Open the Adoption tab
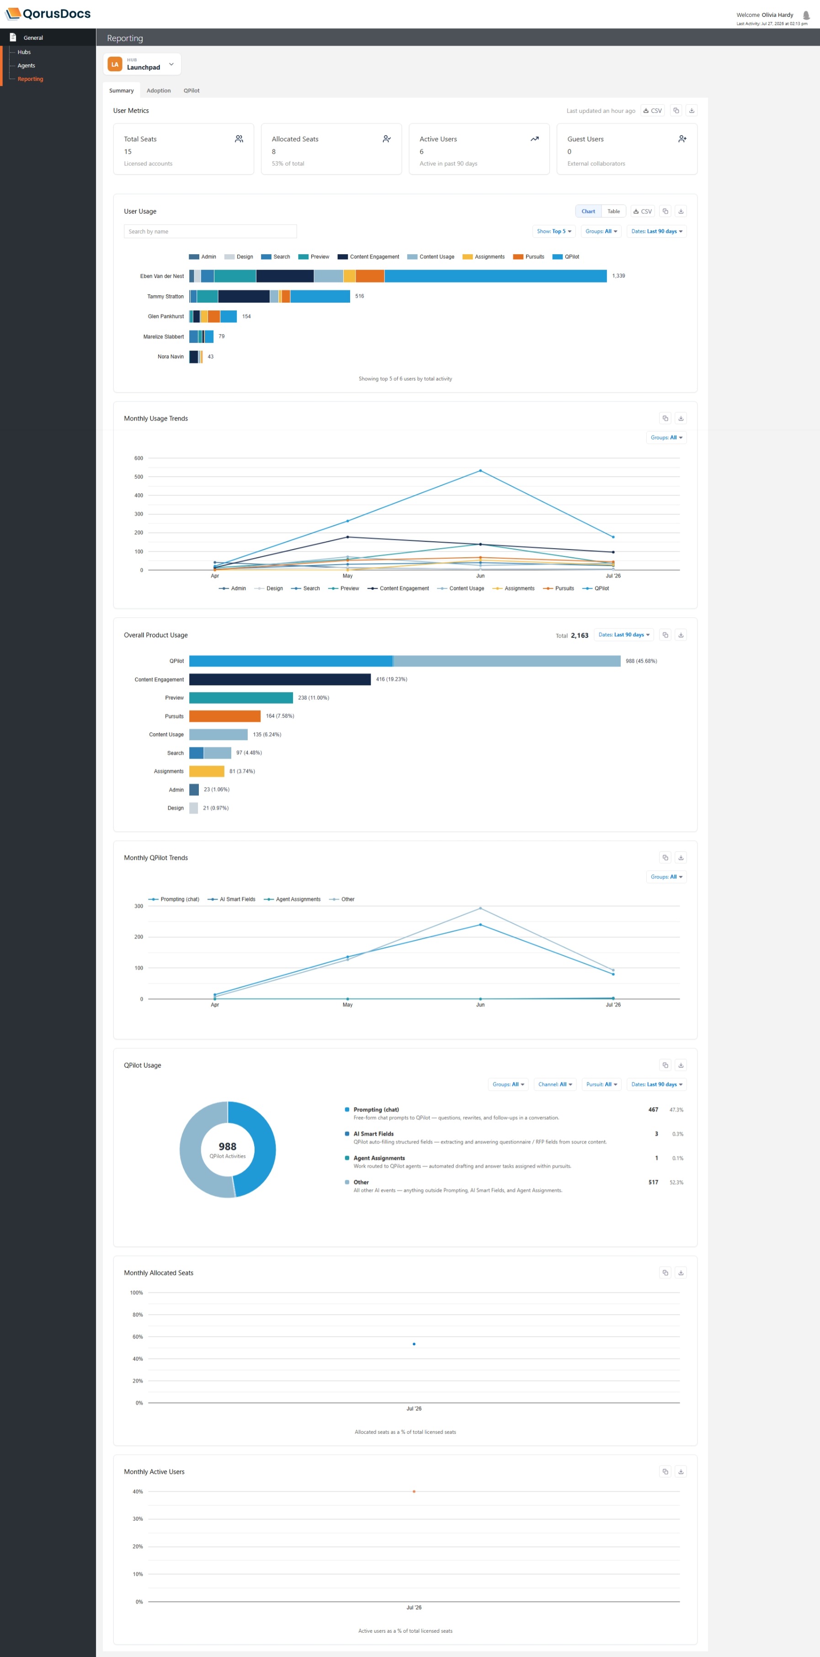pyautogui.click(x=158, y=91)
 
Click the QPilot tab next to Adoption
pyautogui.click(x=192, y=91)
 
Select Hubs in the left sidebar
pyautogui.click(x=24, y=52)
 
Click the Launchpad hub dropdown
pyautogui.click(x=142, y=64)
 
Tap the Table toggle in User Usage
pyautogui.click(x=613, y=212)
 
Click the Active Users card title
pyautogui.click(x=438, y=139)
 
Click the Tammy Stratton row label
pyautogui.click(x=165, y=297)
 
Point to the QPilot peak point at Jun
pyautogui.click(x=480, y=471)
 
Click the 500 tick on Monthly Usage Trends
pyautogui.click(x=139, y=477)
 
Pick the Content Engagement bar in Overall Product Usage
pyautogui.click(x=280, y=679)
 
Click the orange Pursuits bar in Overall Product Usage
pyautogui.click(x=224, y=716)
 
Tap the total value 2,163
pyautogui.click(x=580, y=635)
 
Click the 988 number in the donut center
pyautogui.click(x=228, y=1146)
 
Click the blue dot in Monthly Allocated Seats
pyautogui.click(x=414, y=1344)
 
